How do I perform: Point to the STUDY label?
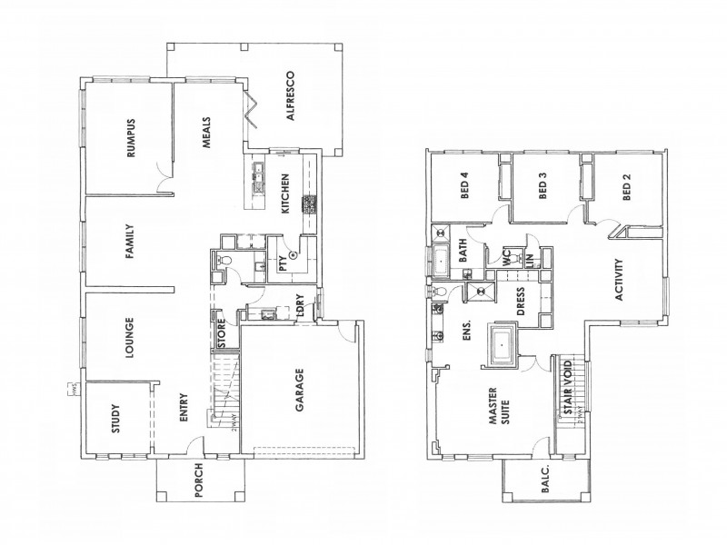[115, 426]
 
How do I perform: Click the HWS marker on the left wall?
[68, 391]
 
